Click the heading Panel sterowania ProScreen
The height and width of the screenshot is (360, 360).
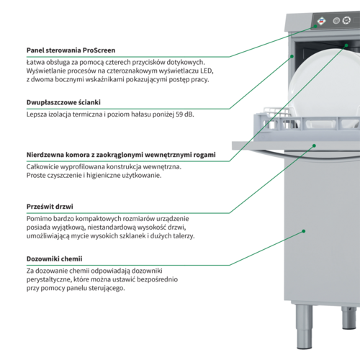pyautogui.click(x=71, y=50)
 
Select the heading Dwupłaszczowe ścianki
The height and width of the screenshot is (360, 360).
pyautogui.click(x=63, y=102)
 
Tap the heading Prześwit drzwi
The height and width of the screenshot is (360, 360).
pyautogui.click(x=50, y=207)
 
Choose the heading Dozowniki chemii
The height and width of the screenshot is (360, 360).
pyautogui.click(x=54, y=259)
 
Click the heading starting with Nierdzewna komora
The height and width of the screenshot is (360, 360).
pyautogui.click(x=121, y=155)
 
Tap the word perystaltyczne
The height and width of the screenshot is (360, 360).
pyautogui.click(x=48, y=280)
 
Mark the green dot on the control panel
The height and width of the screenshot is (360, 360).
pyautogui.click(x=315, y=27)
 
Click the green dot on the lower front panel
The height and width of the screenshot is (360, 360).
pyautogui.click(x=304, y=231)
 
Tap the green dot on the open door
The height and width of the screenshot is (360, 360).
pyautogui.click(x=314, y=145)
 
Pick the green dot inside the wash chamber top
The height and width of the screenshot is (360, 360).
pyautogui.click(x=346, y=45)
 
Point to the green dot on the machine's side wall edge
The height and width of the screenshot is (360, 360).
pyautogui.click(x=292, y=56)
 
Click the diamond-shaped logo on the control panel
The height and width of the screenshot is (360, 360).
pyautogui.click(x=322, y=21)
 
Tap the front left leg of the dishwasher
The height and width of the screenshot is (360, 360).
pyautogui.click(x=304, y=327)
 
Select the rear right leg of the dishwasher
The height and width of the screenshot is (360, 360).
pyautogui.click(x=348, y=318)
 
